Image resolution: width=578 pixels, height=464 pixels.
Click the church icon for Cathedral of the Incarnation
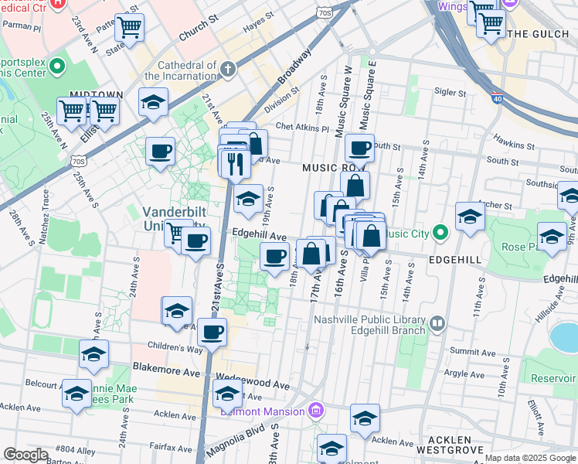point(227,70)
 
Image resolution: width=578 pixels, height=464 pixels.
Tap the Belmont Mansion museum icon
point(315,410)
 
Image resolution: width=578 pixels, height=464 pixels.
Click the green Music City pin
point(440,232)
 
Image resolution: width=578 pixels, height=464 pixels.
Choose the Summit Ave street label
point(472,351)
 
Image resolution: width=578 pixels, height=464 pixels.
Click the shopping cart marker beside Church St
point(129,28)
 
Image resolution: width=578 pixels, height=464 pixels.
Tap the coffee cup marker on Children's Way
point(211,333)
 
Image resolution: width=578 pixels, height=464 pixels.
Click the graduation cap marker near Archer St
point(469,216)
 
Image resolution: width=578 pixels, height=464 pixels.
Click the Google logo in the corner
point(25,455)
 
